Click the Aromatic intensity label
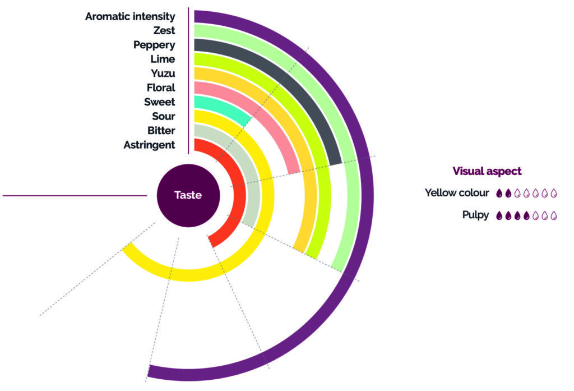pyautogui.click(x=130, y=16)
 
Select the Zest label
pyautogui.click(x=164, y=30)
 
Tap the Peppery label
pyautogui.click(x=154, y=45)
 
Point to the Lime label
pyautogui.click(x=163, y=59)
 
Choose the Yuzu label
pyautogui.click(x=163, y=73)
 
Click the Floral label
pyautogui.click(x=160, y=88)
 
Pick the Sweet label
pyautogui.click(x=159, y=102)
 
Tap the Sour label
pyautogui.click(x=163, y=117)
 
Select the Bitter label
pyautogui.click(x=161, y=131)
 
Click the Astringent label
pyautogui.click(x=149, y=145)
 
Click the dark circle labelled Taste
pyautogui.click(x=188, y=195)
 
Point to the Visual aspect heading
pyautogui.click(x=487, y=171)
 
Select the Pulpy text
pyautogui.click(x=476, y=215)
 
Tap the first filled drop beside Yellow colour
pyautogui.click(x=499, y=194)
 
